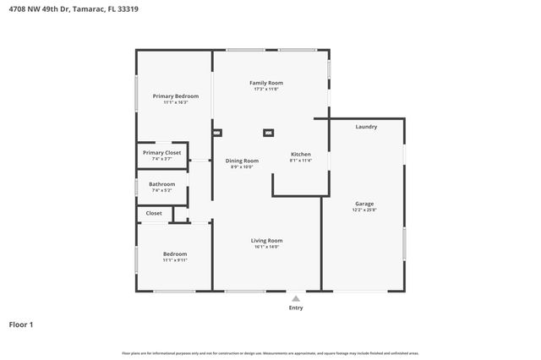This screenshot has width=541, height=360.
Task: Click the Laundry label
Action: coord(366,127)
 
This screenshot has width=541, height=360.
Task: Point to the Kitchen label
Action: coord(301,155)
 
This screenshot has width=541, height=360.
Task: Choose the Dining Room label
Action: coord(242,161)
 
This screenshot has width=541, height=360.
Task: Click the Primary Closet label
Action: coord(161,152)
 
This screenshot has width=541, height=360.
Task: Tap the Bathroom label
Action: coord(161,184)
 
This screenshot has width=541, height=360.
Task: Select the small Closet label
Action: coord(154,213)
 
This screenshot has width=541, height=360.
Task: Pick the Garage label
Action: coord(364,204)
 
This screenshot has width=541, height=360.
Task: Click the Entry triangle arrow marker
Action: coord(295,298)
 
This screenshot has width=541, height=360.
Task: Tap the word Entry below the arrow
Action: coord(295,308)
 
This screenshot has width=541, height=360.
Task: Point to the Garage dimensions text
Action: coord(364,210)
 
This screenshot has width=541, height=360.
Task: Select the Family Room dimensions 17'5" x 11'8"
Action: coord(265,89)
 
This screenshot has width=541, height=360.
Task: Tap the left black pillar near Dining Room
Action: coord(216,133)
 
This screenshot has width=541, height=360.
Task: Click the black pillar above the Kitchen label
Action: coord(269,133)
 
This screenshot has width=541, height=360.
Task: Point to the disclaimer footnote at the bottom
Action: coord(270,353)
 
